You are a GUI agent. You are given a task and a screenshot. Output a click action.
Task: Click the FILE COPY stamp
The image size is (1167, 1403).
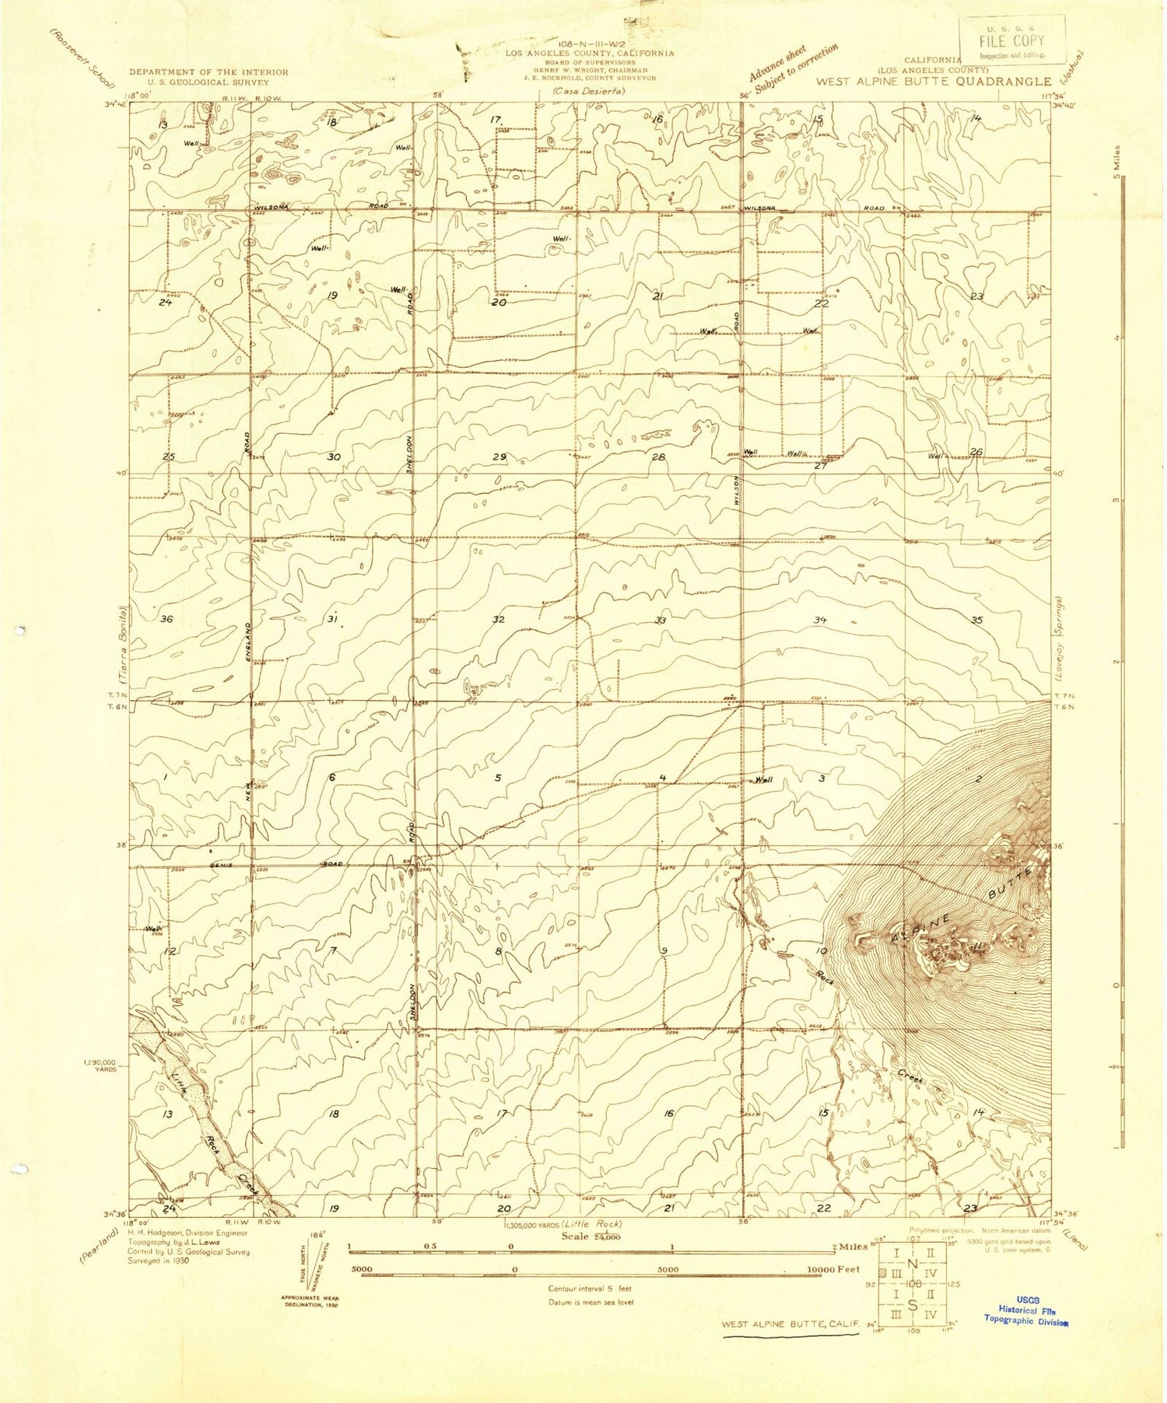pos(1011,40)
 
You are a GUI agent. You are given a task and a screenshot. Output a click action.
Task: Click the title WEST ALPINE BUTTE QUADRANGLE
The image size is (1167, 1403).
pos(933,81)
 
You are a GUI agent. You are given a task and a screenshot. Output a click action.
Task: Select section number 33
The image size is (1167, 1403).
pos(661,620)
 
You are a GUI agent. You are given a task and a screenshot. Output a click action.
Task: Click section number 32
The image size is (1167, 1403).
pos(499,619)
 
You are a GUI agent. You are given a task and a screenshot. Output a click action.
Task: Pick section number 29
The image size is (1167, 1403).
pos(499,457)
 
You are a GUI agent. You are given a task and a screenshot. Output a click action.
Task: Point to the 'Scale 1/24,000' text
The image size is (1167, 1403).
pos(591,1236)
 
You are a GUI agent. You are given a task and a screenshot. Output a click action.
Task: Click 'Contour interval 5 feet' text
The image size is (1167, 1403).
pos(591,1289)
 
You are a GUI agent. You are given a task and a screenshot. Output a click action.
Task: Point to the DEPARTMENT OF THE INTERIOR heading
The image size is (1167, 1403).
pos(209,72)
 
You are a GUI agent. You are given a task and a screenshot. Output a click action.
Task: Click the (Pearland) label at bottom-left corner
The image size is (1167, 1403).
pos(98,1244)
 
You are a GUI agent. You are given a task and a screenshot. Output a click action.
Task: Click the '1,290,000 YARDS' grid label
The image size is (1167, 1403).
pos(100,1065)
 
